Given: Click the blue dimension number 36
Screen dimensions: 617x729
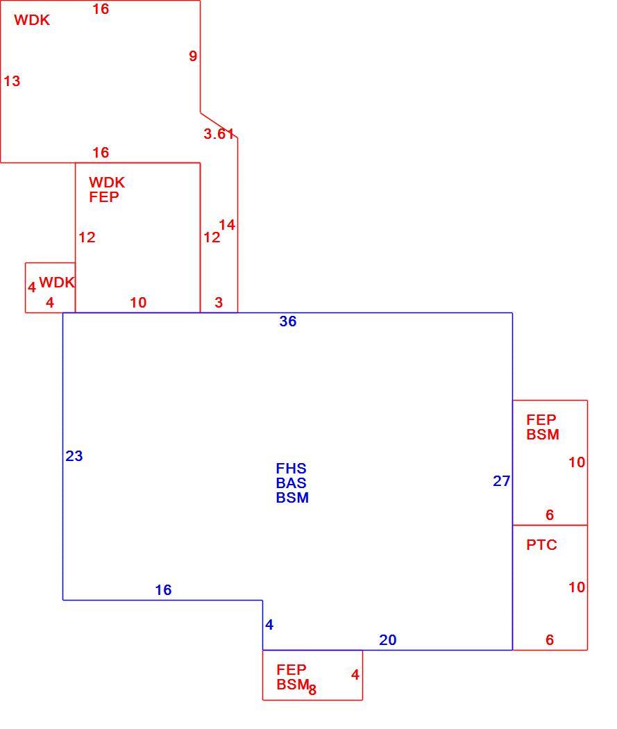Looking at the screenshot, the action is [x=287, y=321].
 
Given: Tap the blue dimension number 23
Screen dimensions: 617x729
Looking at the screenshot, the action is [x=74, y=456].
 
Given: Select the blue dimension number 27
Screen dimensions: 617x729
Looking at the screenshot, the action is [x=501, y=481].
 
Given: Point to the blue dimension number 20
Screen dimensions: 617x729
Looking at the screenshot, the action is [x=387, y=640].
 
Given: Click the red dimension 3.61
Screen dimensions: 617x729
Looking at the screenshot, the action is [x=219, y=134].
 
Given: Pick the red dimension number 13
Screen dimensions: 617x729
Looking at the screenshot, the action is [x=12, y=81].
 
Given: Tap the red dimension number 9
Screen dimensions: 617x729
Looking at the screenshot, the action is [x=193, y=56].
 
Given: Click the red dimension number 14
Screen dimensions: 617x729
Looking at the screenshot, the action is [x=227, y=225].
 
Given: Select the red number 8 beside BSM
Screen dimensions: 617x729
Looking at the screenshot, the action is [x=312, y=690].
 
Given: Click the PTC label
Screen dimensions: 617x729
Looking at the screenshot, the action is [x=541, y=545].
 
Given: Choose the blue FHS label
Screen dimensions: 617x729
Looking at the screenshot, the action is [x=291, y=469].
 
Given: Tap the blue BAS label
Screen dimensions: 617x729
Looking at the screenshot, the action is [x=291, y=483].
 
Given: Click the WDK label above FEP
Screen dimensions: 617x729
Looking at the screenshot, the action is [x=107, y=182].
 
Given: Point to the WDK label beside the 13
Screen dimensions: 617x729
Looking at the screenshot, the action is [x=32, y=20].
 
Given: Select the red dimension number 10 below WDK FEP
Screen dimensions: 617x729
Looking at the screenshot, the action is [x=138, y=303].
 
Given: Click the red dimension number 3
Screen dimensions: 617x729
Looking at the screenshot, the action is [x=219, y=303].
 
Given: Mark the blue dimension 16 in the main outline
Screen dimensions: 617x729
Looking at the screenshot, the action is [x=163, y=590].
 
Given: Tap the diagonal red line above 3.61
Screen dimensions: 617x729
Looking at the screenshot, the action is [x=219, y=124].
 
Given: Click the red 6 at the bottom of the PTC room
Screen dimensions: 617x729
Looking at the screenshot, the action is [x=550, y=640].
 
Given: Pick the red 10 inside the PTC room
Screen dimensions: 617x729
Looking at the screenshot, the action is [x=577, y=587].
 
